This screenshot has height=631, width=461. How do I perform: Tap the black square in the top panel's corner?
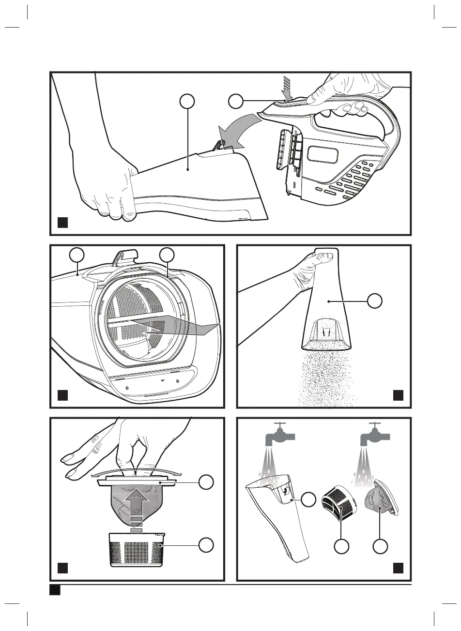pyautogui.click(x=63, y=223)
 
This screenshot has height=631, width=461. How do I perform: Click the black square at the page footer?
pyautogui.click(x=54, y=590)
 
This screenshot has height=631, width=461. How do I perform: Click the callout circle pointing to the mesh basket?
pyautogui.click(x=207, y=544)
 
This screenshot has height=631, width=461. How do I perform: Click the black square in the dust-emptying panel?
pyautogui.click(x=399, y=395)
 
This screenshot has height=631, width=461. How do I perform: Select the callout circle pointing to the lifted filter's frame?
pyautogui.click(x=207, y=482)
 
